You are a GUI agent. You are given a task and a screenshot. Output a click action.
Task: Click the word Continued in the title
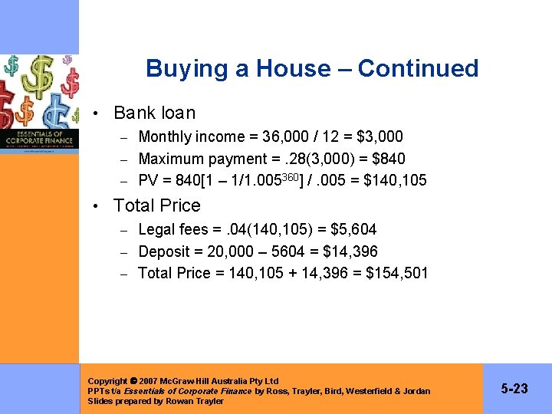418,68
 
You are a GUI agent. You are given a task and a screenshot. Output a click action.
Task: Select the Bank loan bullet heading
154,113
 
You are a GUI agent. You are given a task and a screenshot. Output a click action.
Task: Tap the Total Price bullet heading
156,205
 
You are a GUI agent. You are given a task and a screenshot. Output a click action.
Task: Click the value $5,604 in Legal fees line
353,229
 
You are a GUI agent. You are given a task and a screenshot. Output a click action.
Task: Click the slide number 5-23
514,389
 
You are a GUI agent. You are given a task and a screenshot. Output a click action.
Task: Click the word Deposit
163,251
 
